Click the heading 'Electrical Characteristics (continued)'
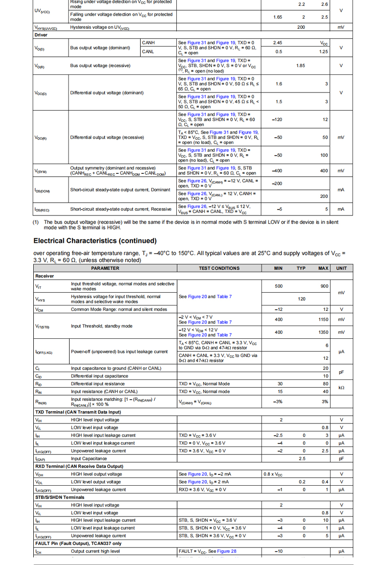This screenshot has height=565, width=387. click(x=95, y=241)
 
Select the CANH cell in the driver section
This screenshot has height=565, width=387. click(x=148, y=43)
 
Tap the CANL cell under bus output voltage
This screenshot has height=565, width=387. click(x=148, y=51)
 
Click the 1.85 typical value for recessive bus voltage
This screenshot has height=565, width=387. click(x=301, y=66)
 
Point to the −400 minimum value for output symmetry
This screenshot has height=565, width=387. click(x=277, y=171)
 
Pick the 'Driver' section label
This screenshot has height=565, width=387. click(x=41, y=35)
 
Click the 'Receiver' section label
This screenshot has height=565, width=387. click(x=45, y=276)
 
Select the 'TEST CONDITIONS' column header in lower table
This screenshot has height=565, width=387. click(x=219, y=268)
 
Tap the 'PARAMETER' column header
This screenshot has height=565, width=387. click(x=105, y=268)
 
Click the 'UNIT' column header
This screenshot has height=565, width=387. click(x=341, y=268)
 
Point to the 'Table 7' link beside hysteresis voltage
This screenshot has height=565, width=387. click(x=224, y=297)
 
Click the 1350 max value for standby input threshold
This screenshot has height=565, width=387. click(x=323, y=332)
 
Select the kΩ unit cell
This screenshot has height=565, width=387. click(x=341, y=388)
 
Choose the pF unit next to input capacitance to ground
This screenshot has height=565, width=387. click(x=341, y=372)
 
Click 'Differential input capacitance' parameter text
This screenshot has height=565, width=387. click(x=99, y=376)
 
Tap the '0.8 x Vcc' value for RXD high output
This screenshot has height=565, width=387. click(x=273, y=474)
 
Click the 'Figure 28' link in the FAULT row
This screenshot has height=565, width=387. click(x=227, y=551)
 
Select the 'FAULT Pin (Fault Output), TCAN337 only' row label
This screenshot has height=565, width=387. click(x=79, y=543)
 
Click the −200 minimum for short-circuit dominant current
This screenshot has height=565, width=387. click(x=277, y=184)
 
